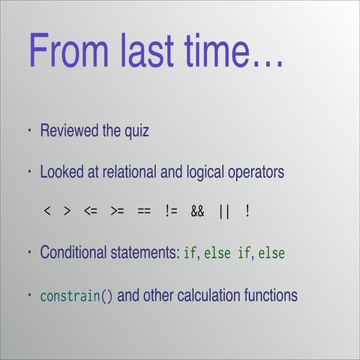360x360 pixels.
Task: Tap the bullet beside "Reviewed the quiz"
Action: point(29,130)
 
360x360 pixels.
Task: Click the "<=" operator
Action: point(91,212)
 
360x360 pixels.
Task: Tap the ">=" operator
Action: point(117,212)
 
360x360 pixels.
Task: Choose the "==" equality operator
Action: point(143,212)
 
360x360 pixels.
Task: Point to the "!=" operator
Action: point(170,212)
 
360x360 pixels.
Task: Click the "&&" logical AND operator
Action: point(196,212)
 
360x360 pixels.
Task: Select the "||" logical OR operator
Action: point(223,212)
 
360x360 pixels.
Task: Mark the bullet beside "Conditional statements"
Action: point(29,253)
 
